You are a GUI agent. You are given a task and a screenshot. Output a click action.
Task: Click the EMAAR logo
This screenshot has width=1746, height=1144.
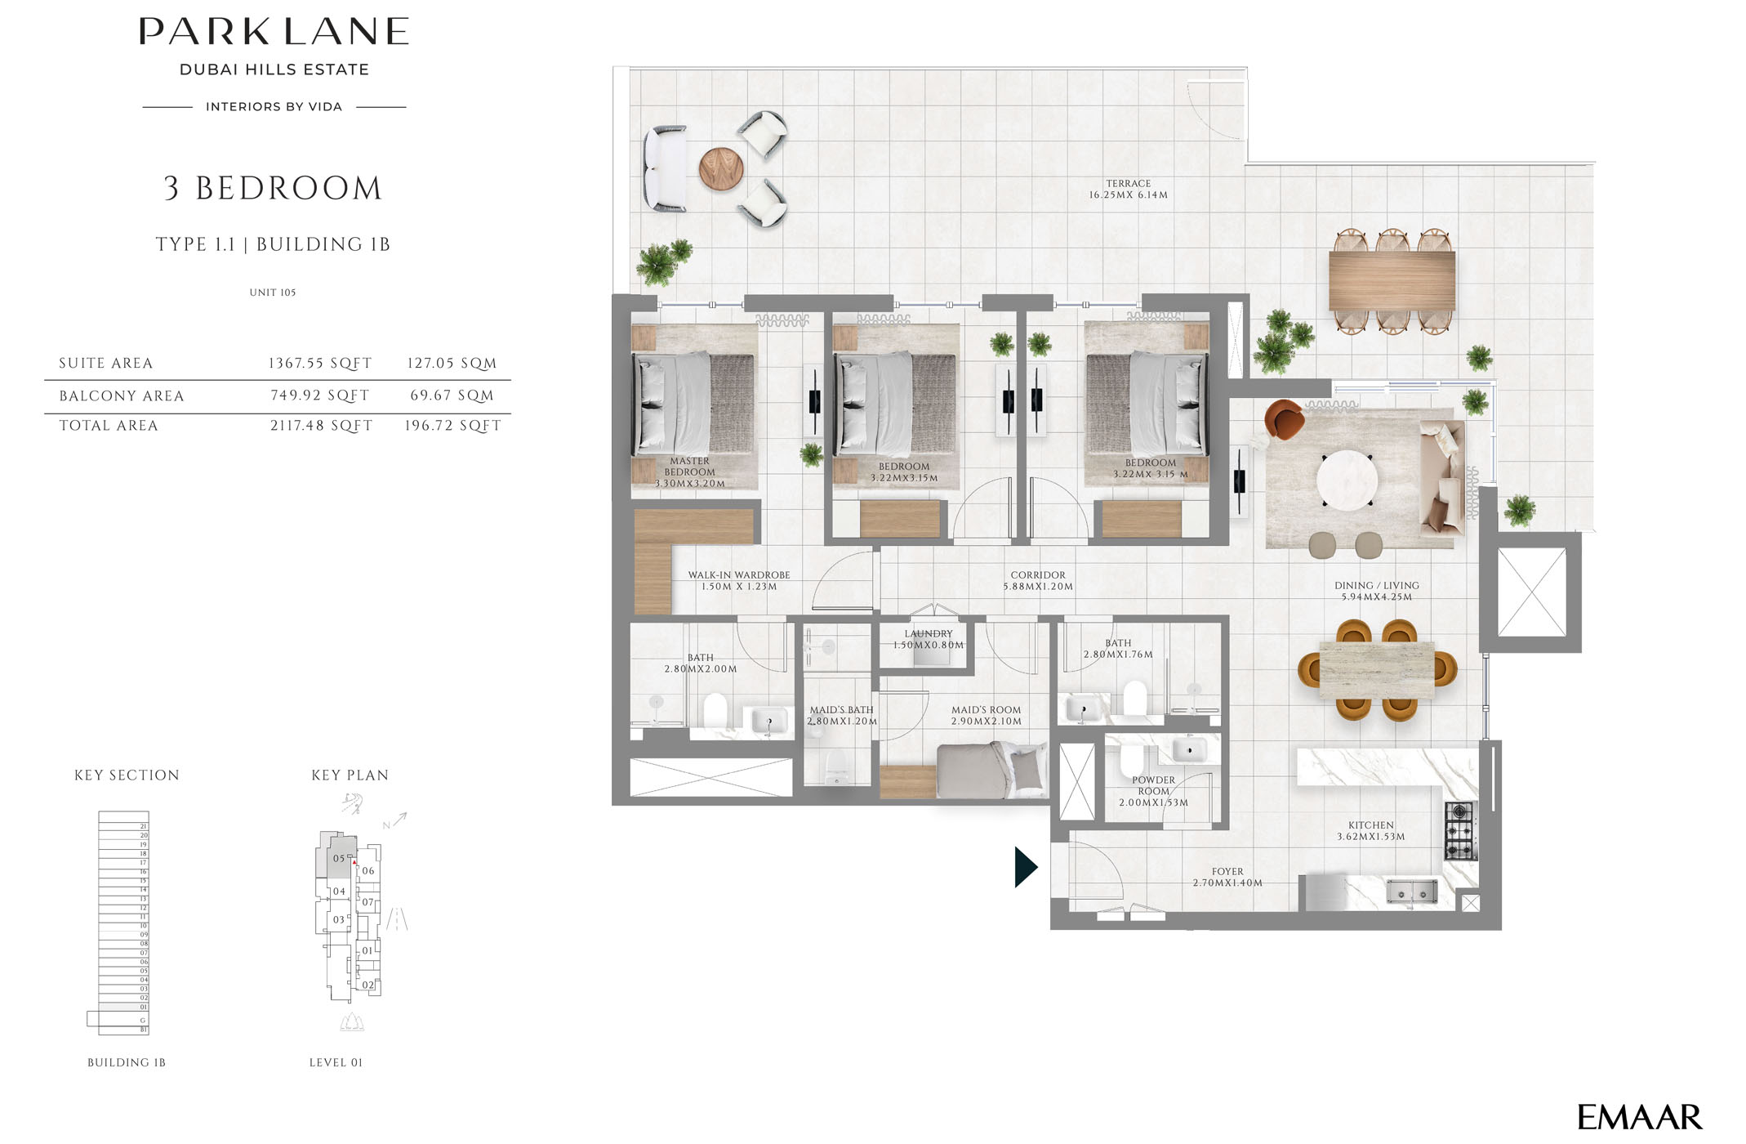tap(1638, 1117)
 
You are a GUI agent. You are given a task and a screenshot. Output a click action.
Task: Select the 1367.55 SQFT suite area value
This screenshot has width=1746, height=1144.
tap(320, 364)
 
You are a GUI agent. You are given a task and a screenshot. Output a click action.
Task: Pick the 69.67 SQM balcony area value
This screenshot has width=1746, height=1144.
tap(452, 395)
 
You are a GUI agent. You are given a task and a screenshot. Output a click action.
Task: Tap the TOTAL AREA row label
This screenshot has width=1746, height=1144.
tap(109, 426)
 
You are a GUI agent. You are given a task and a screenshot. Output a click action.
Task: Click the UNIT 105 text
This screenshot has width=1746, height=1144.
tap(273, 293)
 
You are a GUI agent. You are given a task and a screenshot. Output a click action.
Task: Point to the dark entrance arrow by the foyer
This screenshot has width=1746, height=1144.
tap(1025, 867)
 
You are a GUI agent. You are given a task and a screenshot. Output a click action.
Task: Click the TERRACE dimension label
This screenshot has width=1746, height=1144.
tap(1128, 190)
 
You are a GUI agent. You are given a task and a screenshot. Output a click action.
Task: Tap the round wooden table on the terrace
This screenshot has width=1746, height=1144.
tap(721, 169)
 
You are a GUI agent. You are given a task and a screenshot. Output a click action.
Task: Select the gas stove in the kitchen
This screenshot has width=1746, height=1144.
tap(1460, 831)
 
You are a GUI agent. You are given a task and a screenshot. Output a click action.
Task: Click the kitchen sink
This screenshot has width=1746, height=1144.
tap(1411, 892)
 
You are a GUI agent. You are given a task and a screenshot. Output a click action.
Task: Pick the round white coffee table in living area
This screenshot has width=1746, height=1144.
tap(1347, 480)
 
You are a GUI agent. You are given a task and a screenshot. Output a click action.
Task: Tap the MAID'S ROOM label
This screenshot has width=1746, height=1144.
tap(986, 716)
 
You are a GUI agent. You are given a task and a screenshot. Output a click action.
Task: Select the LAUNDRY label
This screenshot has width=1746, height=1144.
tap(929, 639)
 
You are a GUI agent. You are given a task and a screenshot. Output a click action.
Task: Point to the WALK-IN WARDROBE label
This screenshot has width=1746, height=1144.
tap(738, 580)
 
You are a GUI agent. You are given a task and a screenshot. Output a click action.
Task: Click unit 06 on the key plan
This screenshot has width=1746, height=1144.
tap(368, 871)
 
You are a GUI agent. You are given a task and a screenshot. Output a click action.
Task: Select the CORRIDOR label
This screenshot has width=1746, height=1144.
tap(1038, 580)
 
